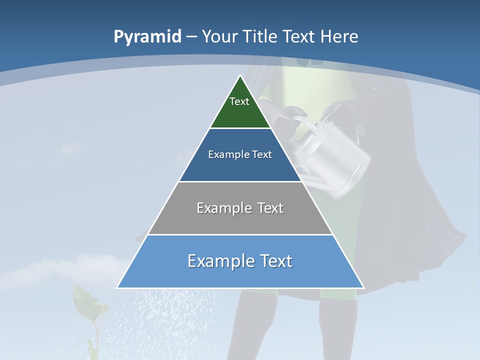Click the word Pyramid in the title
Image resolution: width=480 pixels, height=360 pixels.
click(x=147, y=37)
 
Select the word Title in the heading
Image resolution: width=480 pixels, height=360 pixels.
click(x=261, y=37)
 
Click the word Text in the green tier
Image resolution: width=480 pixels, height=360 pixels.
click(x=239, y=101)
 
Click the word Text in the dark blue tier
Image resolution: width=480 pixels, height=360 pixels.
click(x=262, y=154)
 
